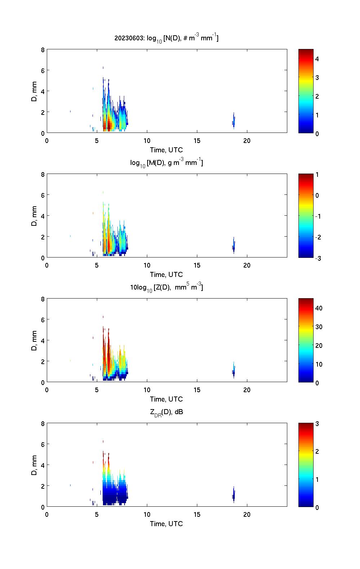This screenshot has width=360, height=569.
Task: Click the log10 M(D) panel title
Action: click(x=166, y=163)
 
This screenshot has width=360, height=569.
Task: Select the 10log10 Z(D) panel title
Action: click(x=166, y=288)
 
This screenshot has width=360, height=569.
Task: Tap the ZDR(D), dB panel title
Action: click(x=166, y=412)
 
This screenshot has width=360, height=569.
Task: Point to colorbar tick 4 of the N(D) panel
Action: click(x=317, y=59)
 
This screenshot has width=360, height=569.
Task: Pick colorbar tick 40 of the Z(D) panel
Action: click(x=319, y=308)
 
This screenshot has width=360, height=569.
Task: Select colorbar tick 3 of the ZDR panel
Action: click(x=317, y=424)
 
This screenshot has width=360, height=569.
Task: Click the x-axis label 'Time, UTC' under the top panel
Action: click(x=166, y=150)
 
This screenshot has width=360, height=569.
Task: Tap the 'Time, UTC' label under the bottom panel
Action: click(x=166, y=524)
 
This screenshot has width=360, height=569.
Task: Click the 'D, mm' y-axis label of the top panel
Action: click(x=34, y=91)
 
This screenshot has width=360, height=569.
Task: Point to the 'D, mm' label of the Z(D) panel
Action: click(x=34, y=341)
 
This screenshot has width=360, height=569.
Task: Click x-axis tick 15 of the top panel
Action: click(x=197, y=141)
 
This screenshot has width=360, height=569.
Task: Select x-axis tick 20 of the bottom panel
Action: click(x=247, y=515)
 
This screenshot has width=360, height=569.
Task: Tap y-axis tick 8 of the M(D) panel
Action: click(x=43, y=175)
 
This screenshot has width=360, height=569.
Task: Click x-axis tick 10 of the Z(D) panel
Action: click(x=147, y=390)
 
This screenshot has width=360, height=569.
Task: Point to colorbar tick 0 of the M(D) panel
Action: click(x=317, y=196)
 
